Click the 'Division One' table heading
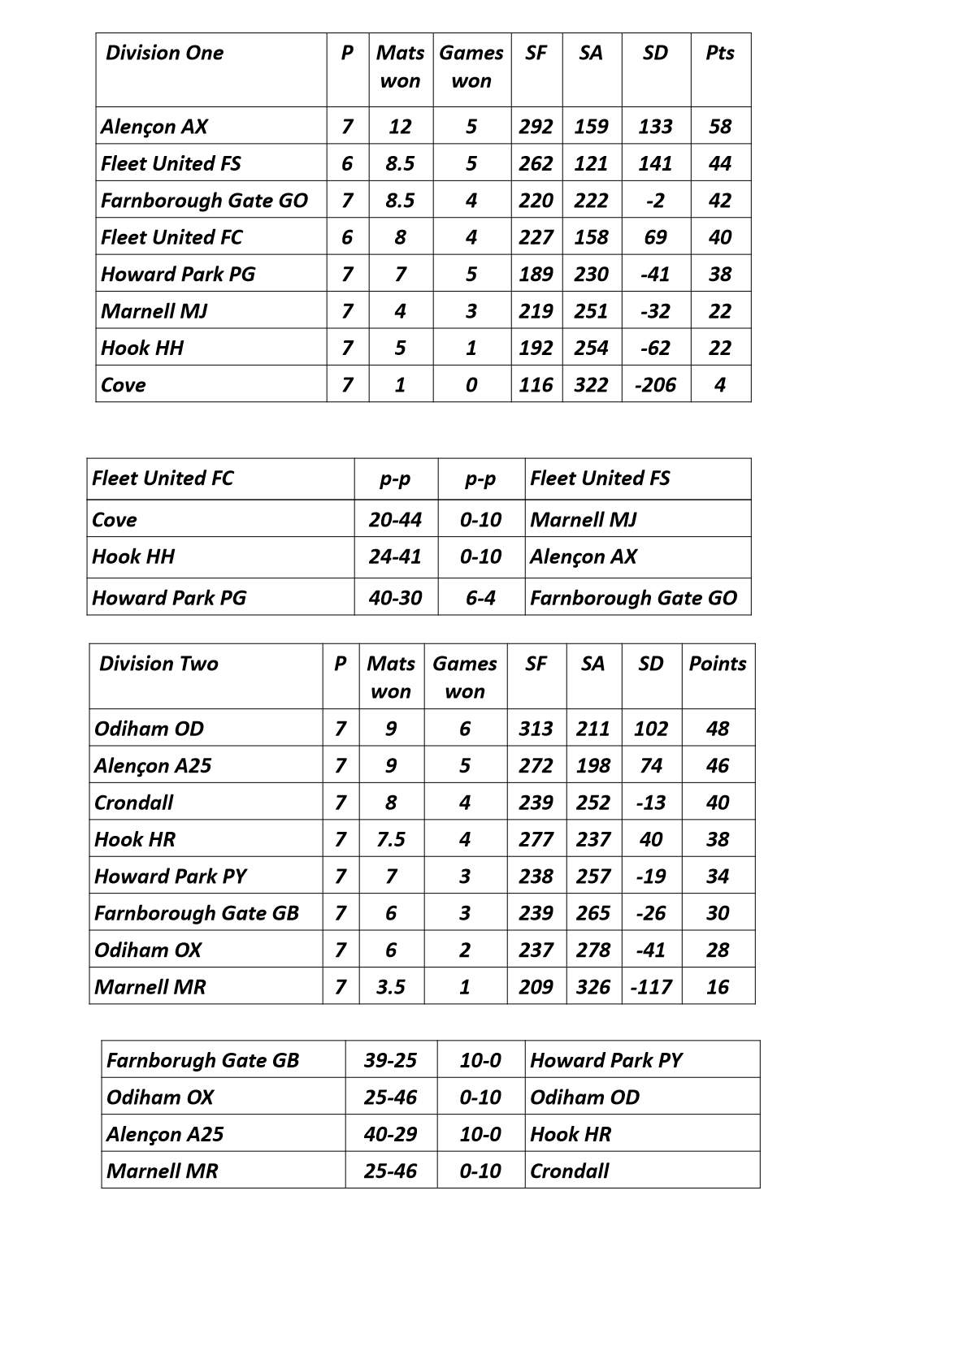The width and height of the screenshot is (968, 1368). pyautogui.click(x=164, y=54)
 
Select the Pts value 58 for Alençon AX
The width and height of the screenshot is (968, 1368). pyautogui.click(x=719, y=127)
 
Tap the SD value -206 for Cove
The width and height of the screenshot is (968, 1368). pyautogui.click(x=655, y=385)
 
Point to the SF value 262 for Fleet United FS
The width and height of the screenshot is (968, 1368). pyautogui.click(x=536, y=164)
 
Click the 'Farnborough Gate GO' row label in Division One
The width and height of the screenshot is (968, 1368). pyautogui.click(x=204, y=201)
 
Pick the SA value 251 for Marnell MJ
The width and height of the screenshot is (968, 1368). pyautogui.click(x=591, y=311)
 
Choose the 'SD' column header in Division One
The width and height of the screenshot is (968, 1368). pyautogui.click(x=655, y=54)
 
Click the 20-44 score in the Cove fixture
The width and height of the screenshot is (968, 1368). pyautogui.click(x=395, y=520)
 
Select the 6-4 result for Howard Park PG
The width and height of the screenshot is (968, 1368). pyautogui.click(x=480, y=599)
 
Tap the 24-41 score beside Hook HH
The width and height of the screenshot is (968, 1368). pyautogui.click(x=395, y=557)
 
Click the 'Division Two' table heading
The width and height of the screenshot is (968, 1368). pyautogui.click(x=158, y=665)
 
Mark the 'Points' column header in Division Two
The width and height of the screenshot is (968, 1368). pyautogui.click(x=717, y=665)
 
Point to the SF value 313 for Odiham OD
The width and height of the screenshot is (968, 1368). pyautogui.click(x=536, y=729)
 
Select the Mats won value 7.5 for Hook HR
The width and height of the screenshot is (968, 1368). pyautogui.click(x=391, y=840)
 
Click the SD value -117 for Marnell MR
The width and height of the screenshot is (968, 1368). pyautogui.click(x=651, y=988)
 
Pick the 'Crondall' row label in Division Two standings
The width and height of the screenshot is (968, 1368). pyautogui.click(x=134, y=803)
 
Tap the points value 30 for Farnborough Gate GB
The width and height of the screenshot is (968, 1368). pyautogui.click(x=717, y=914)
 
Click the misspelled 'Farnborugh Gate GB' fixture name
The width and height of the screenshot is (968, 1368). pyautogui.click(x=202, y=1061)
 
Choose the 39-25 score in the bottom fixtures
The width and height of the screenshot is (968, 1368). pyautogui.click(x=390, y=1061)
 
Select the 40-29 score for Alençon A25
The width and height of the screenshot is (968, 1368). pyautogui.click(x=390, y=1135)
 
